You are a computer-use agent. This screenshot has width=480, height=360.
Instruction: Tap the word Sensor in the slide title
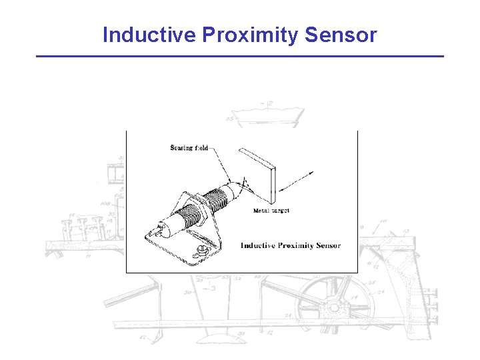click(x=341, y=35)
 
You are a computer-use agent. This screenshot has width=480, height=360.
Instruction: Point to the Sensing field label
click(x=189, y=148)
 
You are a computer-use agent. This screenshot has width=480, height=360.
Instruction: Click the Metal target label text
click(x=271, y=211)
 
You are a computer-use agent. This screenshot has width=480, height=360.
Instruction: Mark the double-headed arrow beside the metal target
click(x=297, y=181)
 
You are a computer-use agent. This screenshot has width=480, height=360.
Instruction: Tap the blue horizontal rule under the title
click(x=239, y=56)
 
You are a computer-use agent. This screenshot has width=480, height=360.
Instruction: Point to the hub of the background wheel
click(x=331, y=308)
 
